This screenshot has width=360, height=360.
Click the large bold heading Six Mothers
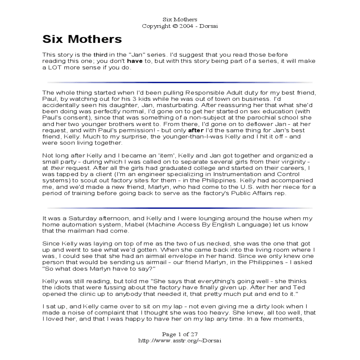(x=82, y=39)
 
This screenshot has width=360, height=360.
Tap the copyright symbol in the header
(x=175, y=26)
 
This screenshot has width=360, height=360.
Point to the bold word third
(x=100, y=55)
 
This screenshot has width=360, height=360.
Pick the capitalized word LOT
(x=53, y=67)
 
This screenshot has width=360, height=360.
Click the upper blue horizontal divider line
(x=180, y=82)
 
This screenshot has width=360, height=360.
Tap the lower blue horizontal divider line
(x=180, y=208)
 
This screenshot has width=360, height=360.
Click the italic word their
(x=57, y=168)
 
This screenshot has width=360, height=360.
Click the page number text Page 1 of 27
(x=180, y=334)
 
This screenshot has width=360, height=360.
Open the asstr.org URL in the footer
(x=180, y=340)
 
